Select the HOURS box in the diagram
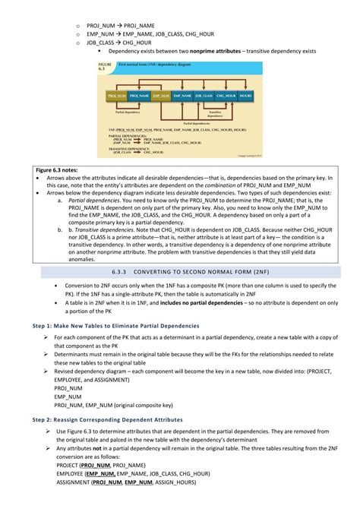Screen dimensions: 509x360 coord(245,96)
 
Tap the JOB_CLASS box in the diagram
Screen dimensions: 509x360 coord(204,96)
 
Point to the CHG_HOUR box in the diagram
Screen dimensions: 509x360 coord(226,96)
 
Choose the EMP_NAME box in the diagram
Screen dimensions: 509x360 coord(182,96)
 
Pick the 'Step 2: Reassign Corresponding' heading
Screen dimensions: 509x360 coord(110,419)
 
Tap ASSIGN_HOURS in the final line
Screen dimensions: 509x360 coord(174,482)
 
